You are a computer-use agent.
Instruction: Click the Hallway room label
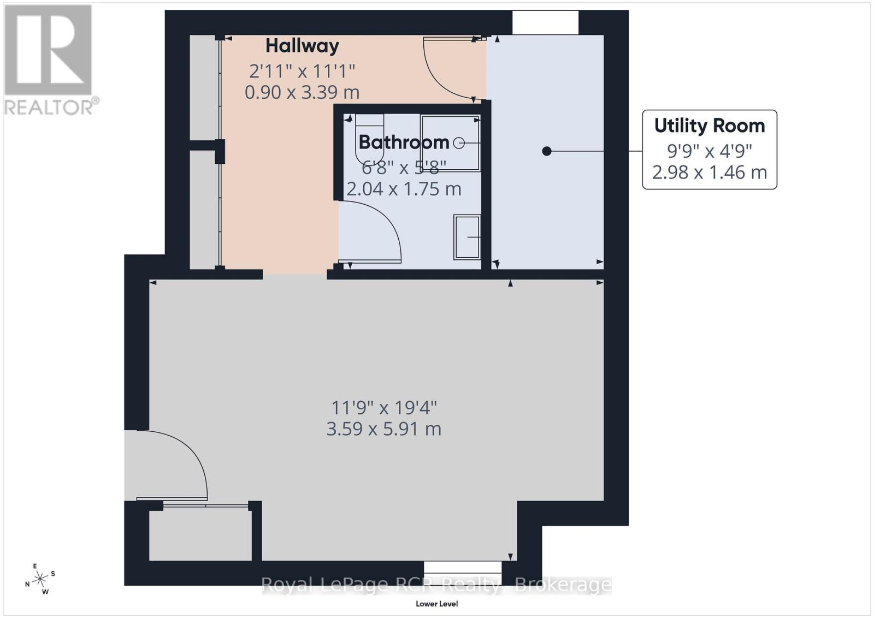tap(302, 46)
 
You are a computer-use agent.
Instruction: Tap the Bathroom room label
tap(404, 142)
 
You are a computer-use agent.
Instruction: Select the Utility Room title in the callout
tap(709, 126)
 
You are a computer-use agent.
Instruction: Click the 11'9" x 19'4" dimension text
tap(384, 408)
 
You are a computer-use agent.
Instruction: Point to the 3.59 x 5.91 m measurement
tap(383, 429)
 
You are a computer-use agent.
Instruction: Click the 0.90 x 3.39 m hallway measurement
tap(302, 92)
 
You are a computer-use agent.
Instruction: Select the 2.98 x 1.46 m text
tap(709, 173)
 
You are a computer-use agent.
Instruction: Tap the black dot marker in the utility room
tap(547, 151)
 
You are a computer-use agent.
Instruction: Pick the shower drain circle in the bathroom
tap(459, 143)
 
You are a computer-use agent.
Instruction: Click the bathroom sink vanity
tap(466, 237)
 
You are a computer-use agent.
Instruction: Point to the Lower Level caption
tap(436, 604)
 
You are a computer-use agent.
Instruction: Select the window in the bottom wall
tap(462, 567)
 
